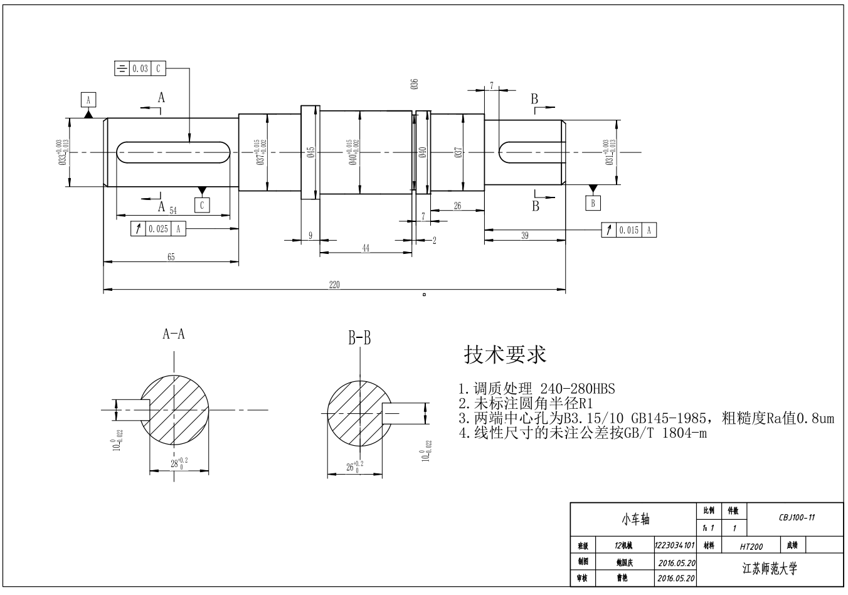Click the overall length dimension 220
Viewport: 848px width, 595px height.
[334, 285]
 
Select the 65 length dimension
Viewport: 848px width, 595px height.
[171, 256]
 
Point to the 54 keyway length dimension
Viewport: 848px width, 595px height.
[173, 211]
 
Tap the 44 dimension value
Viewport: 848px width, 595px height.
[366, 248]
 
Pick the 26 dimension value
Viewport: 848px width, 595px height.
[457, 206]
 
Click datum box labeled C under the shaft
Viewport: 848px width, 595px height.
[202, 205]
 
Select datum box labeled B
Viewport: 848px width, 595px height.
[593, 203]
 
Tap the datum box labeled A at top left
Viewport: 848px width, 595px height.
[88, 100]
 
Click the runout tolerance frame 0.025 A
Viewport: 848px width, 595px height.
[159, 229]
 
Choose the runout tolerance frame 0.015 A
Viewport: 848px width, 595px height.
[628, 230]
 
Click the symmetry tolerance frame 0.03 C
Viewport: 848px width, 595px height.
[140, 68]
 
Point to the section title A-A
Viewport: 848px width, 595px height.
[174, 334]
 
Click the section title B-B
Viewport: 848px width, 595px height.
[360, 339]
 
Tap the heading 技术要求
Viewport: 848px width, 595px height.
[505, 355]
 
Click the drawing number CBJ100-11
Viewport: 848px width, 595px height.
[797, 518]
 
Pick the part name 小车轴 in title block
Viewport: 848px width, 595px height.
[635, 519]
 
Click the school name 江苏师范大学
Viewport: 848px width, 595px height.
[769, 569]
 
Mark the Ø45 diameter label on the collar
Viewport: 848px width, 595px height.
[310, 153]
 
